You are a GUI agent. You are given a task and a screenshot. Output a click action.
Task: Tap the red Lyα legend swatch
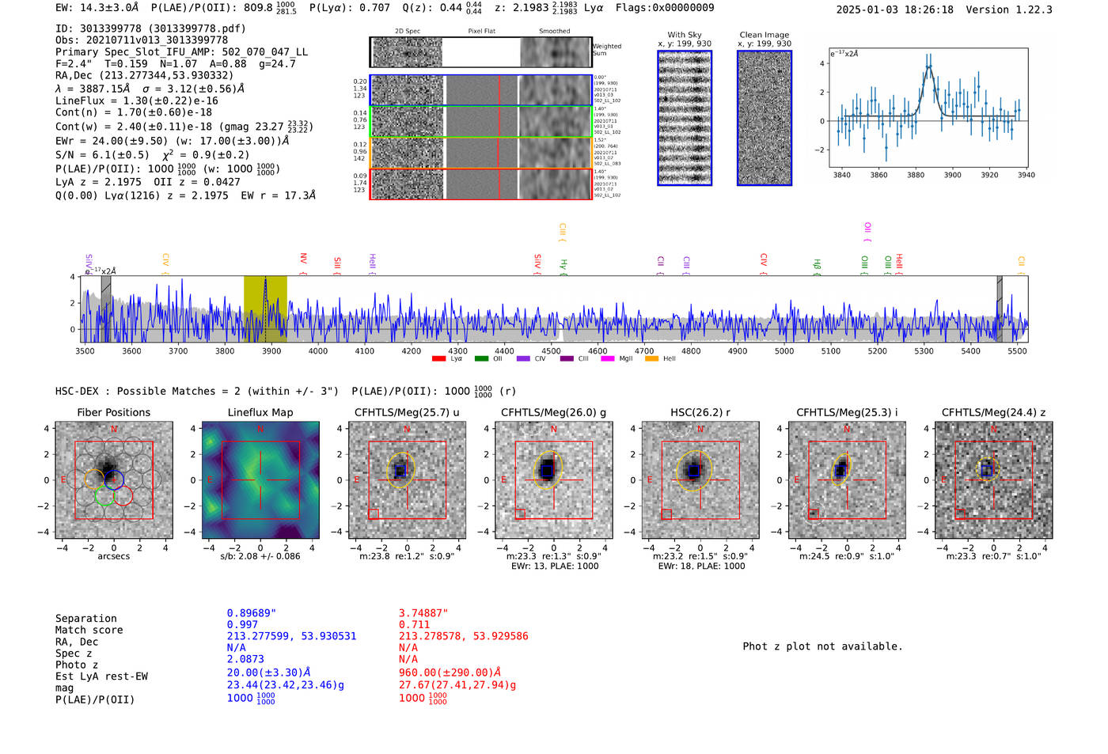tap(438, 358)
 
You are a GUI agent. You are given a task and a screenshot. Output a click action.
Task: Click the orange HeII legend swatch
tap(651, 358)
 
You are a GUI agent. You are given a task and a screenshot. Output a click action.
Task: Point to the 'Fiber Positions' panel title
tap(113, 412)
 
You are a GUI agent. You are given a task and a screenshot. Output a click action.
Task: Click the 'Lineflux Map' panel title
tap(260, 412)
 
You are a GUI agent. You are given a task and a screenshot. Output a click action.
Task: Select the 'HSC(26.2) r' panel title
tap(700, 412)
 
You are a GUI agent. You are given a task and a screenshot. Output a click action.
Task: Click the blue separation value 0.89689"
tap(252, 613)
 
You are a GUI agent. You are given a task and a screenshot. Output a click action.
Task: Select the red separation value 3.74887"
tap(423, 613)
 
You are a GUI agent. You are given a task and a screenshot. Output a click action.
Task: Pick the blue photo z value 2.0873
tap(245, 659)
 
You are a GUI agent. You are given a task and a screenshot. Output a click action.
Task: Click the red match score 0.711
tap(414, 624)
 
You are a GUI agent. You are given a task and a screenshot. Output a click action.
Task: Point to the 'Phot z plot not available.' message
tap(822, 646)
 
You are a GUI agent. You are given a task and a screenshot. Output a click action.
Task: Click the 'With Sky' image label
tap(685, 35)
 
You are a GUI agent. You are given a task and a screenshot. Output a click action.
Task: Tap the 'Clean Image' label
tap(764, 35)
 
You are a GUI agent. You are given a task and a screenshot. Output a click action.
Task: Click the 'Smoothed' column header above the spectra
tap(554, 32)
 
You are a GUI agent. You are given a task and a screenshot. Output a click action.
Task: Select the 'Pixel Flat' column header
tap(481, 32)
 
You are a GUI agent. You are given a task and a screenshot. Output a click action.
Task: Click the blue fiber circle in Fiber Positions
tap(114, 479)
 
